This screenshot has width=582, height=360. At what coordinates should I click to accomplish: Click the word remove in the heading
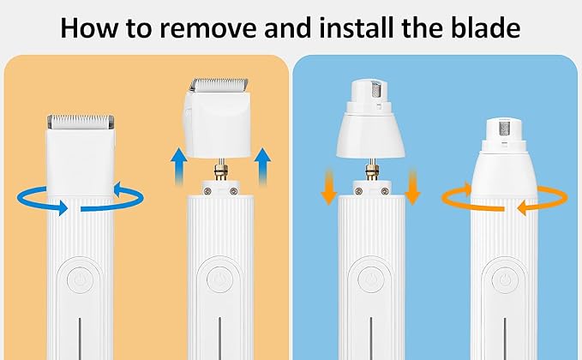[x=207, y=28]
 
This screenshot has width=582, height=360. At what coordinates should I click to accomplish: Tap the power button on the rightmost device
[x=504, y=280]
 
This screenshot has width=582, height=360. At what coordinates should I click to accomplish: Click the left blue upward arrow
[x=179, y=166]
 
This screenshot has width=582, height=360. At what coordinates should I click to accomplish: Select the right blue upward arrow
[x=262, y=166]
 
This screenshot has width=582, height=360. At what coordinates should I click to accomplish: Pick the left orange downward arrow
[x=329, y=188]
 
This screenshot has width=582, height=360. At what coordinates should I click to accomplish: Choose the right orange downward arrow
[x=412, y=188]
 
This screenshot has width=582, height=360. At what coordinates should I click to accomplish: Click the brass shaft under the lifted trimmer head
[x=221, y=170]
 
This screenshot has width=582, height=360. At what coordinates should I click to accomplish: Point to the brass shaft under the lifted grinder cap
[x=371, y=170]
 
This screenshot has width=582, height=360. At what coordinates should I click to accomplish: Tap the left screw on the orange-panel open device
[x=207, y=191]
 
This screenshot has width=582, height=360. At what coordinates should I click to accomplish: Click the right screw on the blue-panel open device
[x=385, y=191]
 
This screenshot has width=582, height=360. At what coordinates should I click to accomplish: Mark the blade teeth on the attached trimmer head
[x=81, y=119]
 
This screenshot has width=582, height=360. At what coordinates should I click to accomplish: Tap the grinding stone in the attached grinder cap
[x=504, y=129]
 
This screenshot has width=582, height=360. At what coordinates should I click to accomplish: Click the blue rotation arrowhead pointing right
[x=61, y=207]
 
